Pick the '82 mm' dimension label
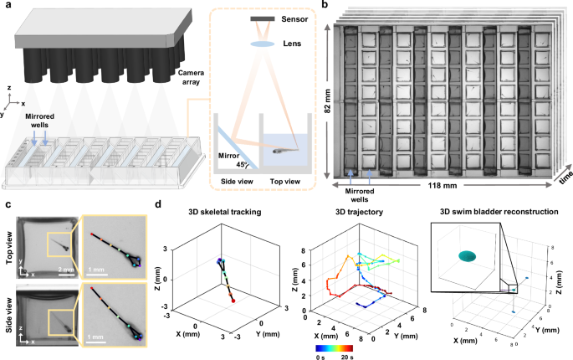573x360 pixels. point(327,95)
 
